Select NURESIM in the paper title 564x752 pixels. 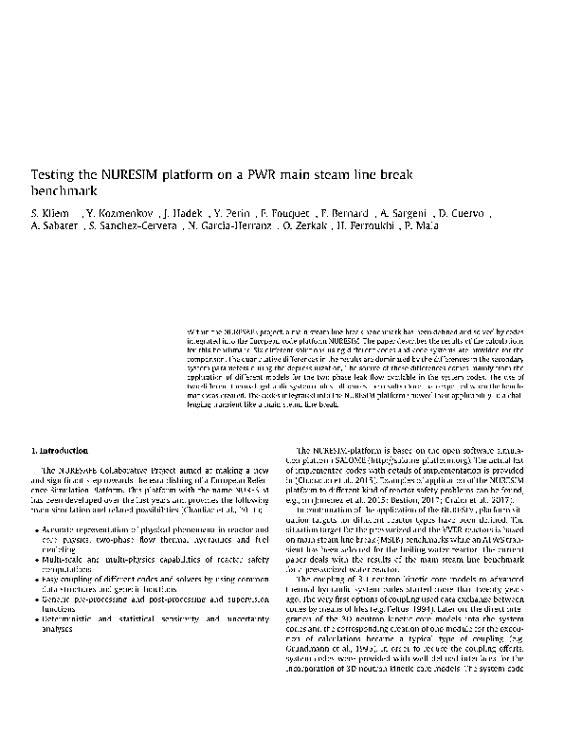click(126, 174)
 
